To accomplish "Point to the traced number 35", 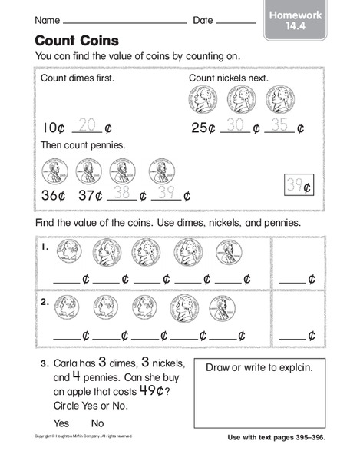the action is pyautogui.click(x=279, y=124).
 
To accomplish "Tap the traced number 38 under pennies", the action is pyautogui.click(x=121, y=193).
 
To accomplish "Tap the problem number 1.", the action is pyautogui.click(x=47, y=247).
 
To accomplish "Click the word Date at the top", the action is pyautogui.click(x=203, y=19).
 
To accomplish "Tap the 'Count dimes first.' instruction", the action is pyautogui.click(x=74, y=79).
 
